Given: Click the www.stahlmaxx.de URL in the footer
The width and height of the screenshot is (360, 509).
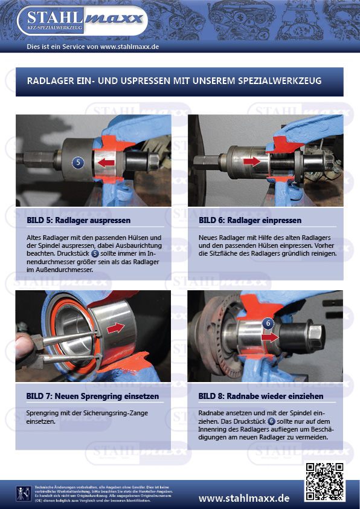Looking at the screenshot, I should (244, 498).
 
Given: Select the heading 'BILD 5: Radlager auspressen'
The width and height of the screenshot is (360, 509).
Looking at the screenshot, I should (79, 220).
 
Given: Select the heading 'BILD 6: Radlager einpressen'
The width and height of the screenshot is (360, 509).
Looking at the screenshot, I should (249, 220).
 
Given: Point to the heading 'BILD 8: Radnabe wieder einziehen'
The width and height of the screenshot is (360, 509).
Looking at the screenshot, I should (260, 396).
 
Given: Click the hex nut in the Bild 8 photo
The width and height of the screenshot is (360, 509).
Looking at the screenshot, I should (316, 333).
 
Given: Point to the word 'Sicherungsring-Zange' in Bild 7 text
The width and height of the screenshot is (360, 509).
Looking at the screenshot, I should (115, 412).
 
